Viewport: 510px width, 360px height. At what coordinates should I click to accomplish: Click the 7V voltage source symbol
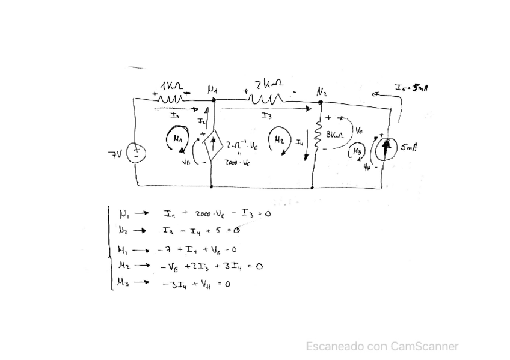click(x=137, y=153)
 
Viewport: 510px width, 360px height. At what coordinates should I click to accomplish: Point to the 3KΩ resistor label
click(x=334, y=135)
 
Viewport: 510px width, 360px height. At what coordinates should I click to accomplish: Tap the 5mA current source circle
click(x=385, y=150)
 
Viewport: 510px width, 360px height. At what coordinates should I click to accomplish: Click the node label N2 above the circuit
click(x=322, y=92)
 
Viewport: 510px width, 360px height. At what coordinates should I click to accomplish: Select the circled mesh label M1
click(x=176, y=139)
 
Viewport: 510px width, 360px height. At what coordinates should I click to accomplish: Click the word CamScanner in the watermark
click(x=425, y=346)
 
